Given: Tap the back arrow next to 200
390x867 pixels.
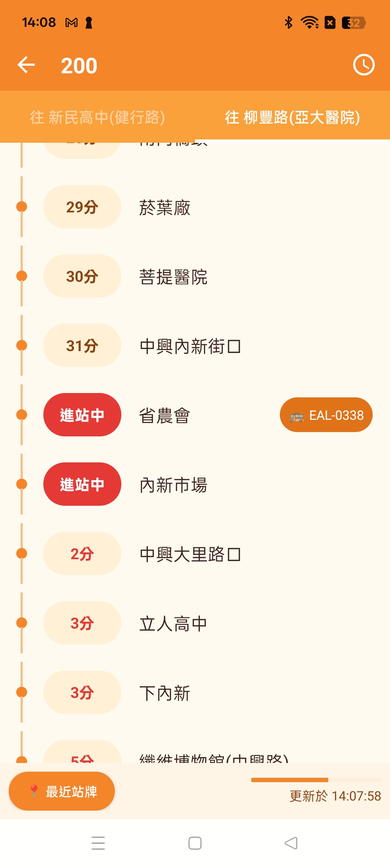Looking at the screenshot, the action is (26, 65).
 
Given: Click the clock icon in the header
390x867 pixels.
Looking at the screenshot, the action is (364, 65).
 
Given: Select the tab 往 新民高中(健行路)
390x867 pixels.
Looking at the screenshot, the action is (97, 117).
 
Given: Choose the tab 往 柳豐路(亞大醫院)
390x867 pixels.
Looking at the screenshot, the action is (292, 117).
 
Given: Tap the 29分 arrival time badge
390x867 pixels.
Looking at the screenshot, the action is (82, 207).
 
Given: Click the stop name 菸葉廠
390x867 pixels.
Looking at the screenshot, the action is (165, 208).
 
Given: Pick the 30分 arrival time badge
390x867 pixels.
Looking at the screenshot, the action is (82, 276).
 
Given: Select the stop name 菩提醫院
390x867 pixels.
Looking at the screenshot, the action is (173, 277).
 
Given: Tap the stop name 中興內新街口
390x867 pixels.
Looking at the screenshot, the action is (190, 346).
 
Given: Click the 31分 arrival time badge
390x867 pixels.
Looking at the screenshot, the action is (82, 346).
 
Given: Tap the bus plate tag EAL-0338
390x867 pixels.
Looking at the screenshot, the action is (326, 415).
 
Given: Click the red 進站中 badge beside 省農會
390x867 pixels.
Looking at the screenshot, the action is (82, 415).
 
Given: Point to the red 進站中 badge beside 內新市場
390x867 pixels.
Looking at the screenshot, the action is (82, 484).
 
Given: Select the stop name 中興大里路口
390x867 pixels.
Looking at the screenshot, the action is (190, 555).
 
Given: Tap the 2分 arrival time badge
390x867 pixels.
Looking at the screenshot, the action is (82, 554).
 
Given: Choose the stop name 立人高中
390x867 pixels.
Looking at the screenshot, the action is (173, 624).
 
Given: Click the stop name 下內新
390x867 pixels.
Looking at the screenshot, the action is (165, 693).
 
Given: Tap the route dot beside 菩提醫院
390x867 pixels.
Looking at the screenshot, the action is (22, 276).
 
